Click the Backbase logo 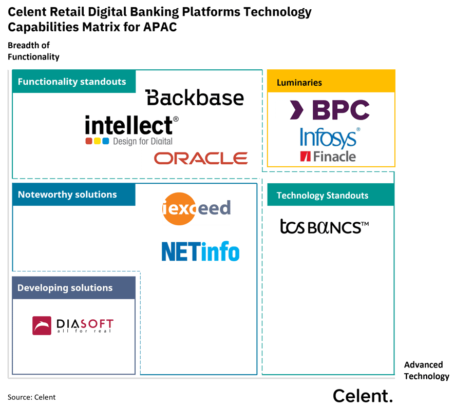[194, 97]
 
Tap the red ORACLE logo [201, 158]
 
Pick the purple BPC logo [323, 110]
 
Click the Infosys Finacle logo [329, 144]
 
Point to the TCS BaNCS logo [325, 227]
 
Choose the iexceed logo [196, 209]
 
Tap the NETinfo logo [200, 251]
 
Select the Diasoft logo [73, 325]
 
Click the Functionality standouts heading [72, 82]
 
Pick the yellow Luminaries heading [299, 83]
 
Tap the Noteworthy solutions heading [67, 195]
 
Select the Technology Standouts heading [323, 196]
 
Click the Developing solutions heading [65, 288]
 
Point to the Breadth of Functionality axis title [33, 51]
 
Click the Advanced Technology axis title [426, 371]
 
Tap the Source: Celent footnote [32, 397]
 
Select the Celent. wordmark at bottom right [363, 396]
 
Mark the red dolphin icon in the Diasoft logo [42, 325]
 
